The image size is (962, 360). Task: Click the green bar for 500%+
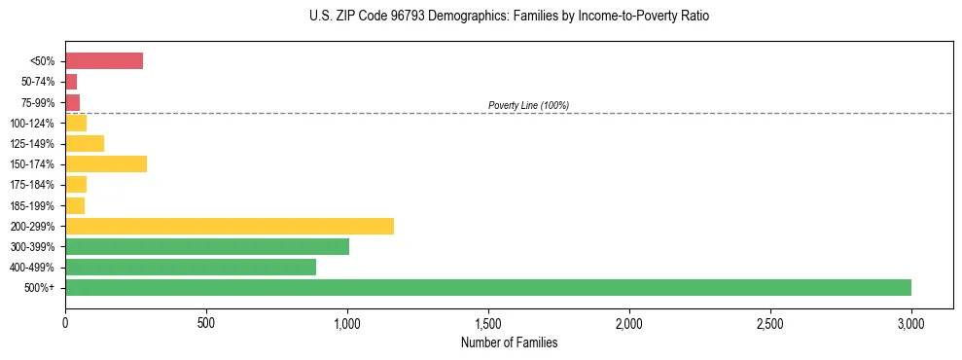pos(487,288)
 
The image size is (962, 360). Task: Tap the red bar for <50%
pos(104,61)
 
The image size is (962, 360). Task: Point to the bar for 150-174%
pos(106,164)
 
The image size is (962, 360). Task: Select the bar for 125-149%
pos(85,144)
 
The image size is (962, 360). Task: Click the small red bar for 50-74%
pos(71,82)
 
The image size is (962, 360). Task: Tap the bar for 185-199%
pos(75,205)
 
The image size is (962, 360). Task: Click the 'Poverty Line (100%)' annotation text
pos(528,105)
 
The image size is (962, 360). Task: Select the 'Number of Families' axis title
pos(510,342)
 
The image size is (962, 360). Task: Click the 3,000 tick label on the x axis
pos(911,322)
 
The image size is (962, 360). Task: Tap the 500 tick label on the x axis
pos(206,322)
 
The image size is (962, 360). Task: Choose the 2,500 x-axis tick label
pos(770,322)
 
